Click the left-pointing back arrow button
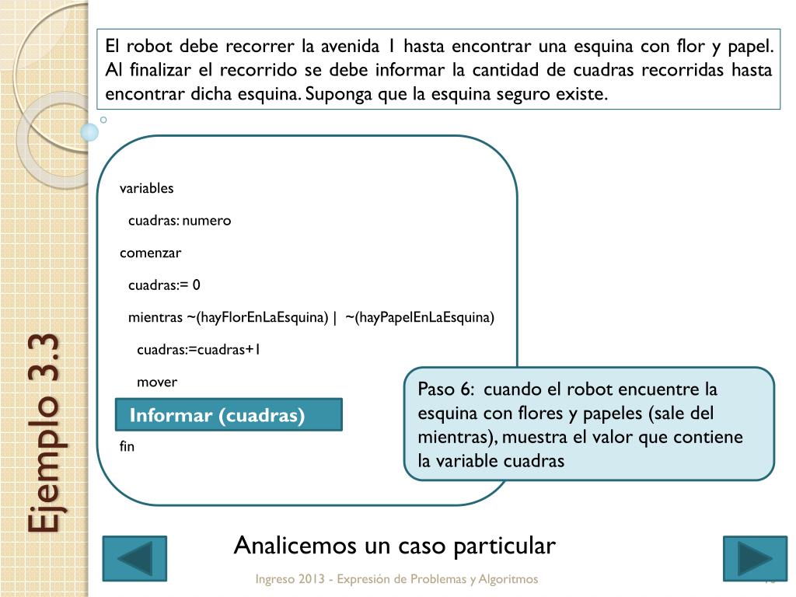coord(134,558)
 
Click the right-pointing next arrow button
coord(754,558)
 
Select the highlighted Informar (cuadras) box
coord(229,415)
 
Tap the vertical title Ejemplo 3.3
coord(44,434)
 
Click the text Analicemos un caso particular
coord(394,546)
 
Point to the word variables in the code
coord(146,188)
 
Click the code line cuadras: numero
coord(180,221)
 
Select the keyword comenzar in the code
coord(150,253)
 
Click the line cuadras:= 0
coord(164,285)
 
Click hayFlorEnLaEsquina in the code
coord(263,317)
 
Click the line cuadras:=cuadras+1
coord(198,350)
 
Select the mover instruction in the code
coord(157,382)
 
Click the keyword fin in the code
coord(127,446)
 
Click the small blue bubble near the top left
coord(89,131)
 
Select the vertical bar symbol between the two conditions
coord(334,317)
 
